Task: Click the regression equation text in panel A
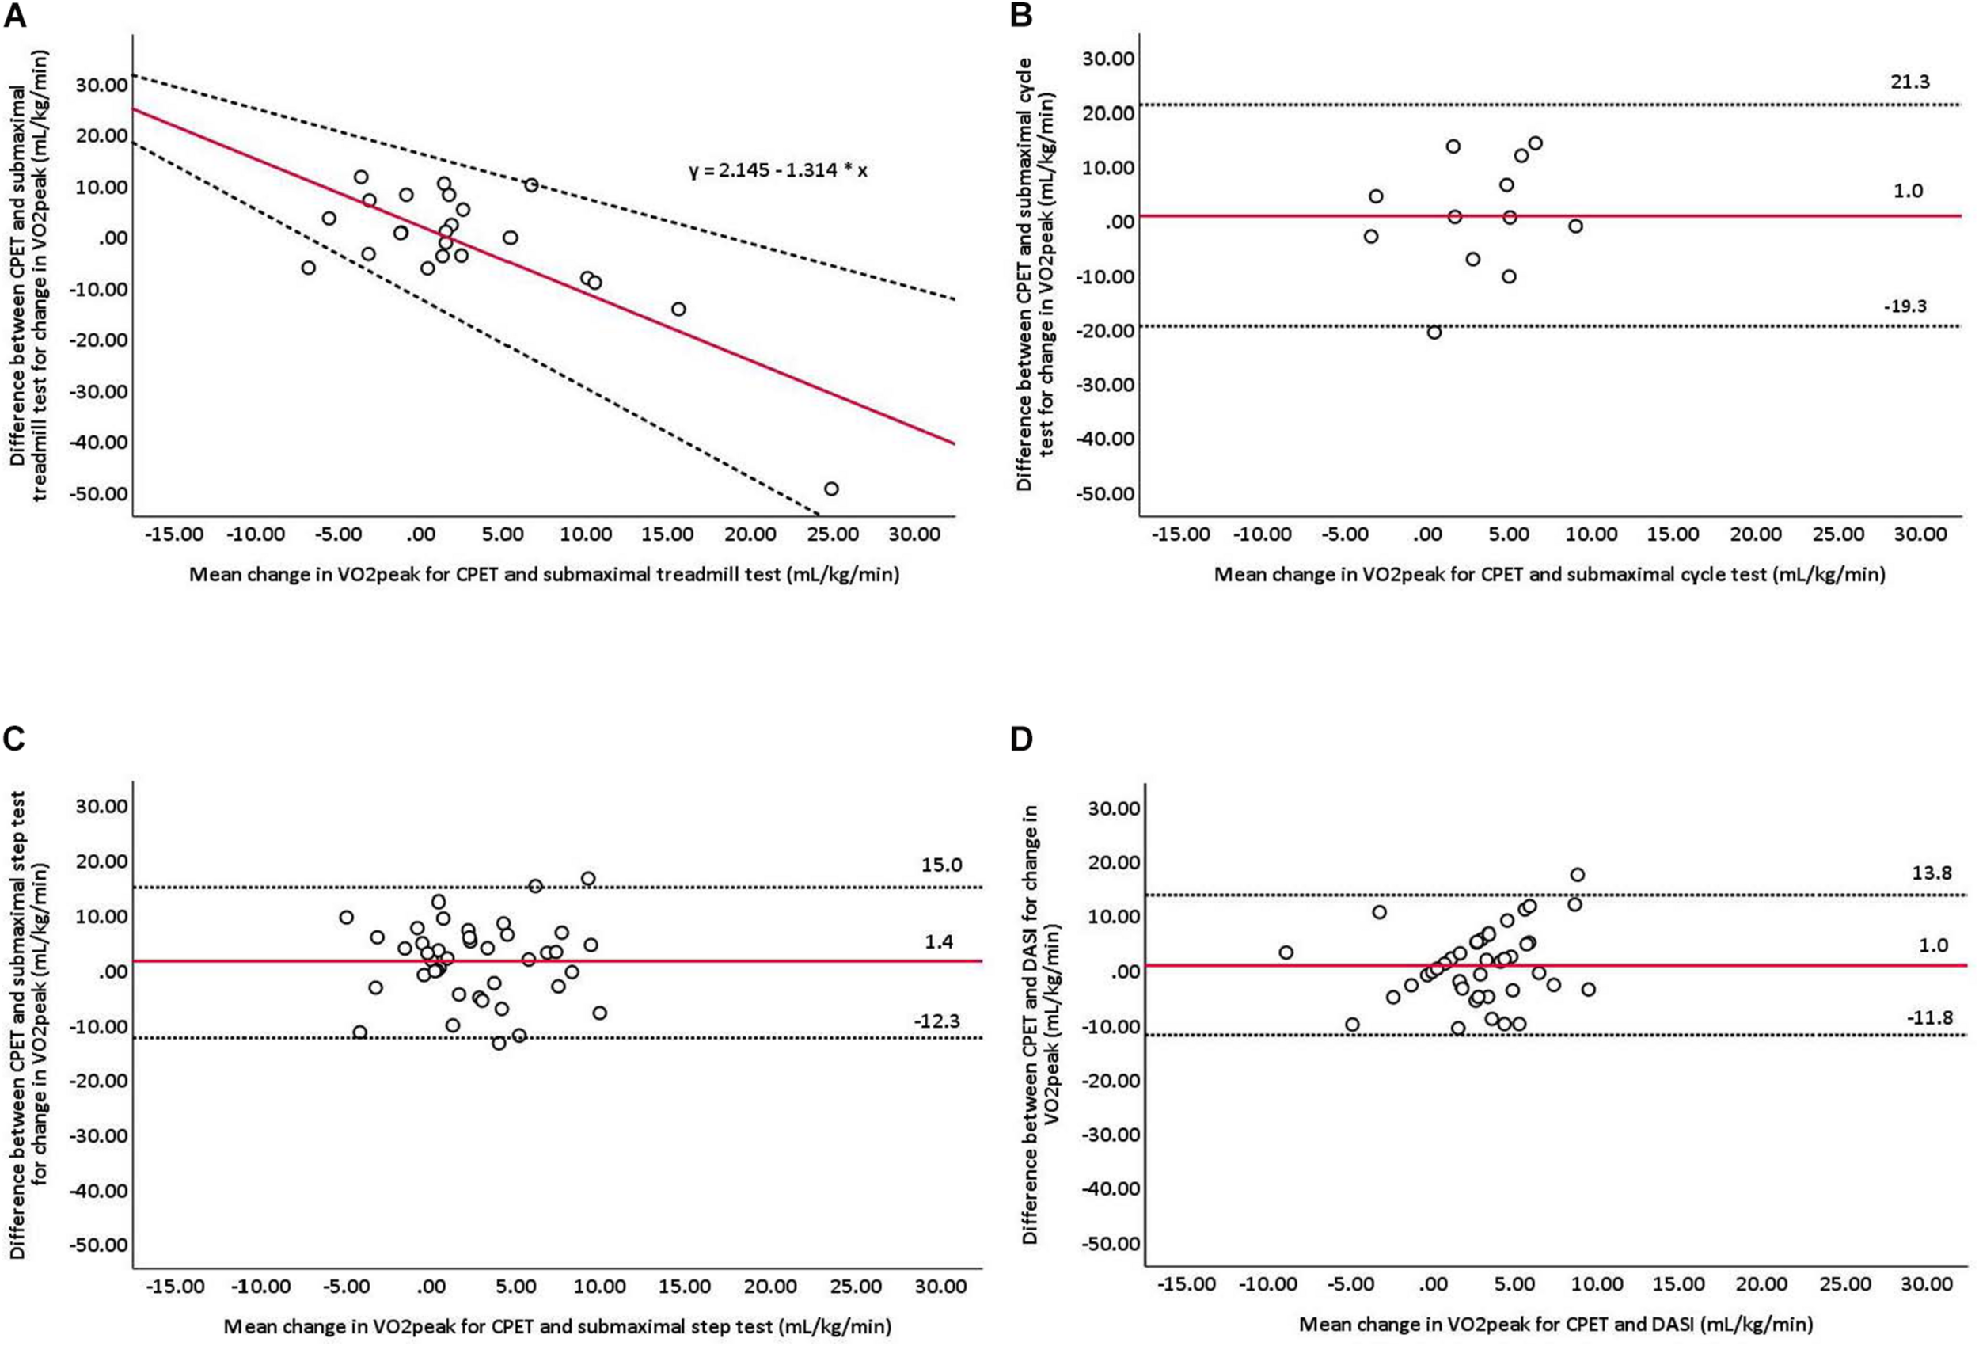777,171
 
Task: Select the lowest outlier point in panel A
831,489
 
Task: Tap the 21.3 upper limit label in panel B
1904,82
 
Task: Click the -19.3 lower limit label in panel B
1904,306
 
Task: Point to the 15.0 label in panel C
941,865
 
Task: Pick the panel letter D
1021,740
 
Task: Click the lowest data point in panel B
1434,333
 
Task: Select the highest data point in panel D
1577,875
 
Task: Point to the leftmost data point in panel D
1286,952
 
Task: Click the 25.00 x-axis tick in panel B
1837,535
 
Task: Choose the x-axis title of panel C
557,1326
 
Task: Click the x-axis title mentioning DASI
1555,1325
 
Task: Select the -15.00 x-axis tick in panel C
176,1287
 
